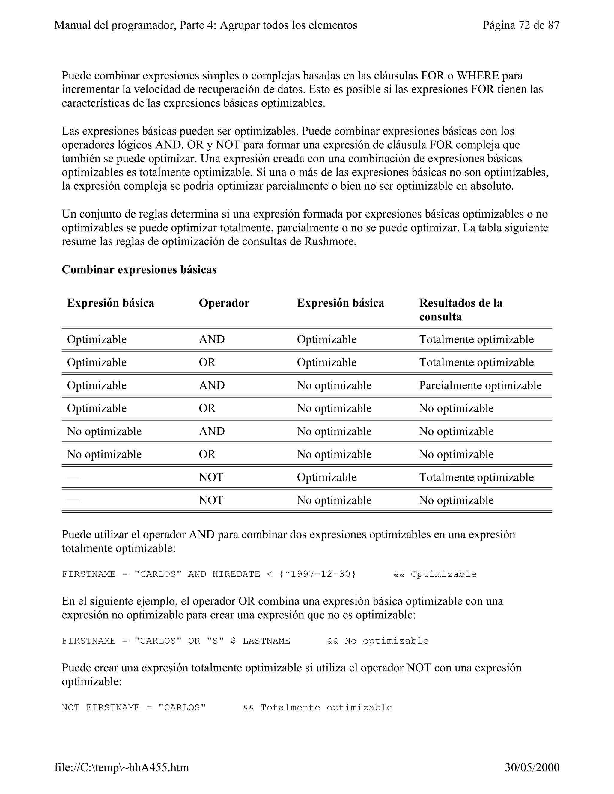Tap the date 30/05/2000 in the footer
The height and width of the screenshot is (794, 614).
point(532,767)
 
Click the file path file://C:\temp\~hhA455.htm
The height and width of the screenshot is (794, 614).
point(121,767)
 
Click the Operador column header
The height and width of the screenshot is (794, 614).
point(224,303)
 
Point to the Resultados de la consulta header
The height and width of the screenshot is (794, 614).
point(460,310)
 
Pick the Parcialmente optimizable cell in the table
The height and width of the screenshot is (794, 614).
point(480,385)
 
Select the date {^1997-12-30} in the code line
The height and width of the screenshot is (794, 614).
point(317,574)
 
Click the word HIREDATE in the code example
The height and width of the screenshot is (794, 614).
point(236,574)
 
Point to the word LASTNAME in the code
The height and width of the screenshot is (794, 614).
point(266,641)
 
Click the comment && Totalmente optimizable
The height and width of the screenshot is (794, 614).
point(317,707)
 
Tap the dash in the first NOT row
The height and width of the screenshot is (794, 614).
point(73,477)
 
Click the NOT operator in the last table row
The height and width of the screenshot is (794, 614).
point(211,500)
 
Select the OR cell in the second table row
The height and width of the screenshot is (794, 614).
point(207,362)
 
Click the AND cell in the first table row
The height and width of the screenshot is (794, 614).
point(212,339)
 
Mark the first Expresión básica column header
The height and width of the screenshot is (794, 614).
point(111,303)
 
